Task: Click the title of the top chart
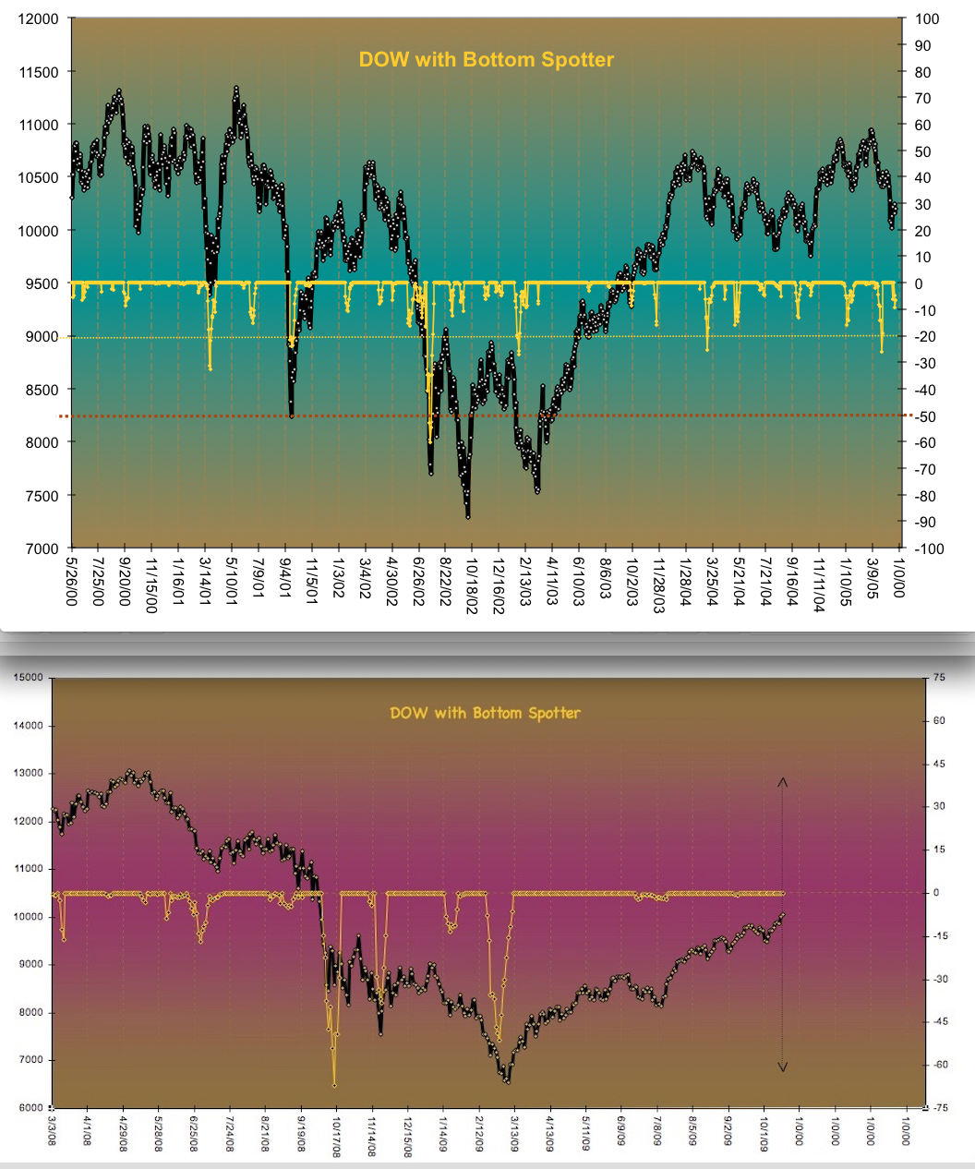487,60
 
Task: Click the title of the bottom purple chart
485,713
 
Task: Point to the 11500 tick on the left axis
40,72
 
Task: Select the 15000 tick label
29,678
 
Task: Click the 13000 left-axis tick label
29,774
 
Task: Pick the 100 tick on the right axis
926,18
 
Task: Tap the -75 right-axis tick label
939,1108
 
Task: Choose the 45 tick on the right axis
938,764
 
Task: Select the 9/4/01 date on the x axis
286,574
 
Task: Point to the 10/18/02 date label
472,581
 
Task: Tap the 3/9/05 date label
873,574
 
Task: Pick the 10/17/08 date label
337,1135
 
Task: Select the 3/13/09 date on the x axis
514,1133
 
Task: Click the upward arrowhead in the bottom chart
782,783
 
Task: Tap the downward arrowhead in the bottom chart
782,1067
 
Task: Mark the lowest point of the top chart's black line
468,516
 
